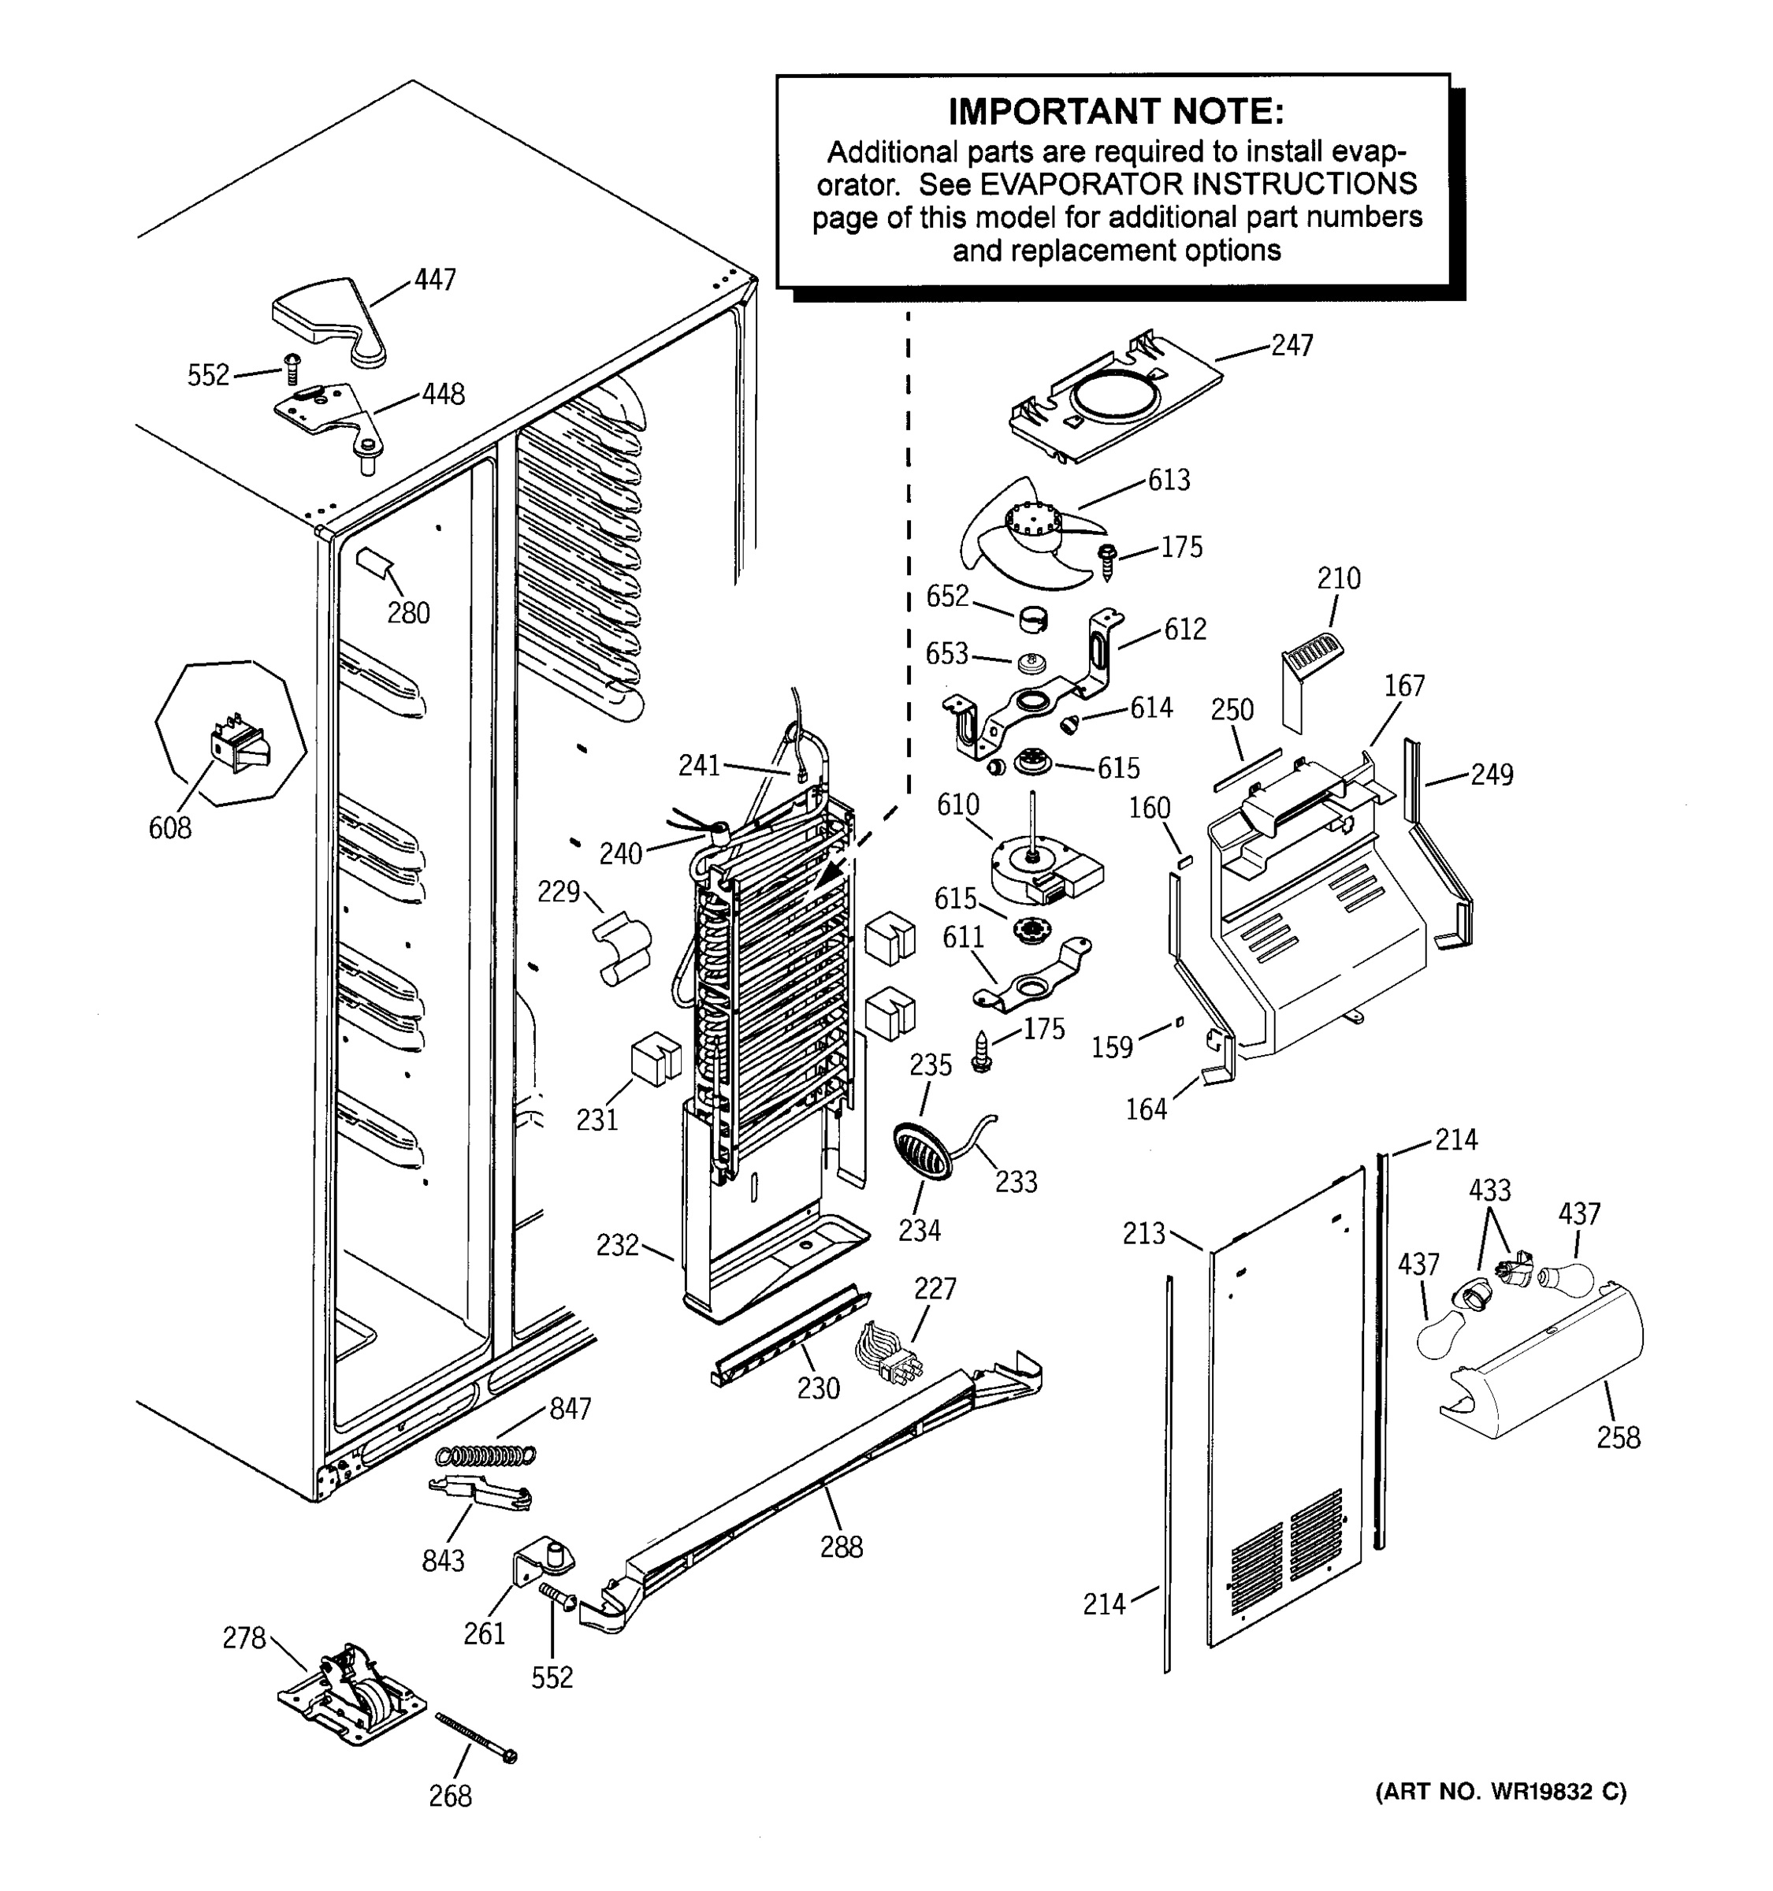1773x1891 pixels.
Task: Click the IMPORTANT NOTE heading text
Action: coord(1115,112)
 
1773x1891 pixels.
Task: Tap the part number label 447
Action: coord(435,280)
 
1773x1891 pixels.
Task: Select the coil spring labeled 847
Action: coord(485,1455)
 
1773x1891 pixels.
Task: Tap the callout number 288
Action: coord(841,1547)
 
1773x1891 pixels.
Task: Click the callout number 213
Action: coord(1143,1235)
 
